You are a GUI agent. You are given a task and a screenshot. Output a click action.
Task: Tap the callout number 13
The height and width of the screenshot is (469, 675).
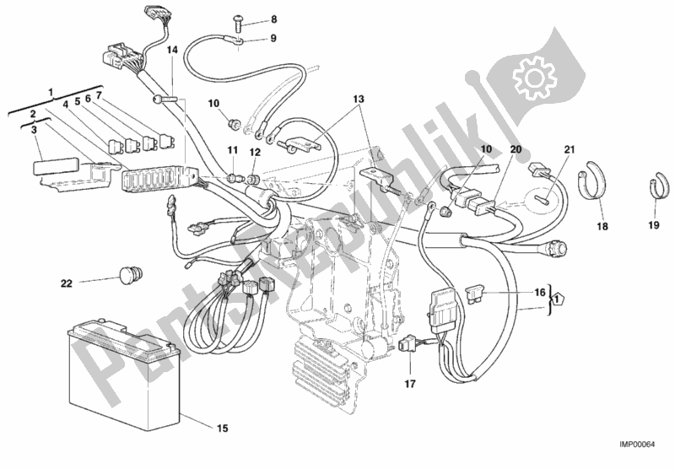[360, 99]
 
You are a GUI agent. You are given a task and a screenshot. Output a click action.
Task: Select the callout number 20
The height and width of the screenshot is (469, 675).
[516, 149]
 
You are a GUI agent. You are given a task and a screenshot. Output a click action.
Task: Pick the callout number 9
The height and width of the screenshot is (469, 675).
[249, 38]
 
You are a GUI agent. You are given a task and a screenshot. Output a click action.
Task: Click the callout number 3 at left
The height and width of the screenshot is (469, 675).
[35, 130]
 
